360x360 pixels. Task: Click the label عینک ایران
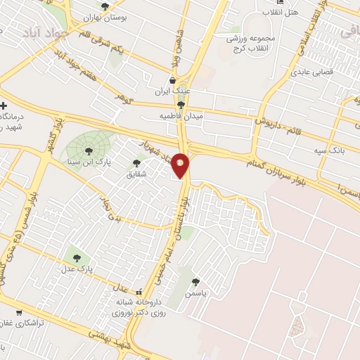[172, 91]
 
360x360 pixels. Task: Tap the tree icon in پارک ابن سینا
[89, 150]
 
